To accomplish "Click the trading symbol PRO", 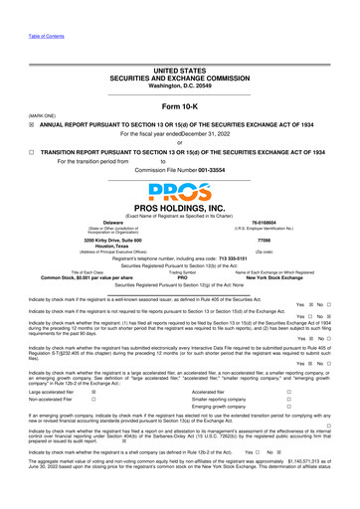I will coord(182,277).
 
